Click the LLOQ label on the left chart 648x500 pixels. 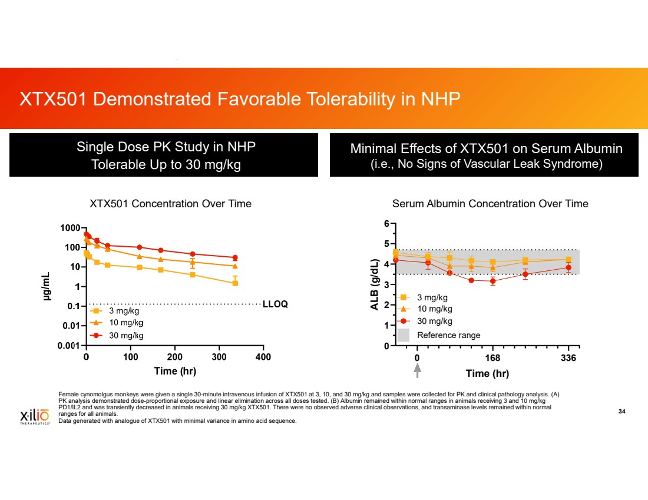tap(275, 304)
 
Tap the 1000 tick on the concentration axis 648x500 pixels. tap(71, 228)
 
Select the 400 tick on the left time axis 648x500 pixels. tap(263, 357)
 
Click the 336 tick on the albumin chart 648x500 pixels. tap(568, 357)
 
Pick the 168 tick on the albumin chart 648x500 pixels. tap(492, 357)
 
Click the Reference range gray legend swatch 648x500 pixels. tap(404, 335)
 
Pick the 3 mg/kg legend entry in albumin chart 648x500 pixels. tap(432, 297)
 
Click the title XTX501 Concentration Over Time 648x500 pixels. tap(170, 204)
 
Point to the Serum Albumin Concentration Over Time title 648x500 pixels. tap(490, 204)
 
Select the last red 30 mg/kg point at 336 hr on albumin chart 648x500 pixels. tap(568, 267)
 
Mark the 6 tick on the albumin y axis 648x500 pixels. tap(386, 224)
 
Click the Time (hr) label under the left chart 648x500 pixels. tap(175, 371)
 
